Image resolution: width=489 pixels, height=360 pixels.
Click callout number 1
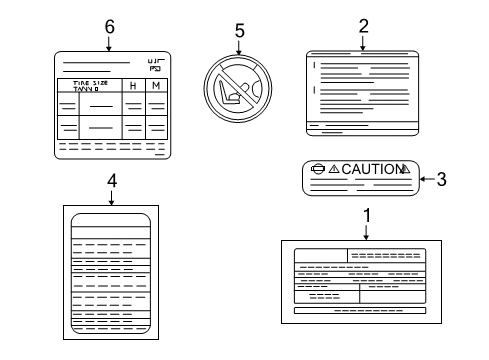(x=367, y=214)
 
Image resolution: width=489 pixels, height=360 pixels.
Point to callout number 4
(x=111, y=180)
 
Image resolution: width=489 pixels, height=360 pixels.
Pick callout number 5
(x=239, y=30)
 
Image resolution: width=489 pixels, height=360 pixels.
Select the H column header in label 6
(x=134, y=87)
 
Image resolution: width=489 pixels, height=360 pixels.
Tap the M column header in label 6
(x=156, y=87)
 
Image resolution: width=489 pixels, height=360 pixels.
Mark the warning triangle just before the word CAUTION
(x=334, y=170)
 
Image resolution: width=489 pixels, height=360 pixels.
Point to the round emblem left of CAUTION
(x=319, y=170)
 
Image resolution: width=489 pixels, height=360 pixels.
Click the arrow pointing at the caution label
(x=425, y=180)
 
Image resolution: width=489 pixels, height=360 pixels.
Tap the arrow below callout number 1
(x=367, y=231)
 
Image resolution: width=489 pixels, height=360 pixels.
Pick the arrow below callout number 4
(x=111, y=196)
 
